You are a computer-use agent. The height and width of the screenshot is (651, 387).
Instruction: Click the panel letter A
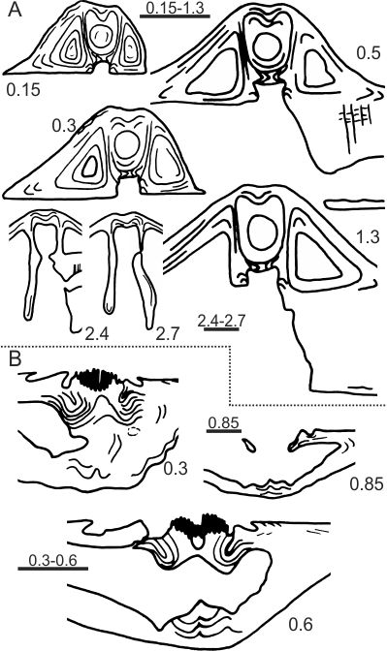[15, 10]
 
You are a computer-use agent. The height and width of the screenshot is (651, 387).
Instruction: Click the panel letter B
[15, 359]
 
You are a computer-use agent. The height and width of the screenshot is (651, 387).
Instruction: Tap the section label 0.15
[23, 89]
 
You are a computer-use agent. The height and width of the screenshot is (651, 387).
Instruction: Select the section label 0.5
[369, 53]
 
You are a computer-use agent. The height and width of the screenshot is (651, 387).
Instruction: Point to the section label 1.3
[368, 237]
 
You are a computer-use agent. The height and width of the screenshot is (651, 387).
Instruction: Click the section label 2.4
[97, 333]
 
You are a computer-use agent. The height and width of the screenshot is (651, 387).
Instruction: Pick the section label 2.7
[169, 333]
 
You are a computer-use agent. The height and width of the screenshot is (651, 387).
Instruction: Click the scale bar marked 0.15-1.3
[175, 17]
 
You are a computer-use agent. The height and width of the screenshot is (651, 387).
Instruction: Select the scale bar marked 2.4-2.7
[218, 329]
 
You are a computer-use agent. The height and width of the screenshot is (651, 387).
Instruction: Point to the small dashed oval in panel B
[133, 431]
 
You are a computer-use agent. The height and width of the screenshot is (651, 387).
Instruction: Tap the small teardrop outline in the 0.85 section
[250, 446]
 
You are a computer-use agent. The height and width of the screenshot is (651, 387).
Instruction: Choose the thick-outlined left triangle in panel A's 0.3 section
[90, 170]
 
